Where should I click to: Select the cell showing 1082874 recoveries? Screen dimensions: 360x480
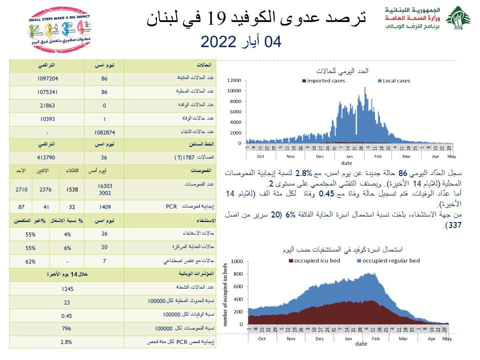tap(104, 132)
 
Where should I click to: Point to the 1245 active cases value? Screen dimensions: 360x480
tap(66, 289)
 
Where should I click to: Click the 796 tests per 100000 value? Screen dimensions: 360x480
tap(66, 329)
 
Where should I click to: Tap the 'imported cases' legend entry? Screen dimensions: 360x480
tap(324, 81)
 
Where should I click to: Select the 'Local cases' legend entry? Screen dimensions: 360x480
tap(396, 81)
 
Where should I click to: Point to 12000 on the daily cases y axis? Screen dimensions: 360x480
tap(234, 80)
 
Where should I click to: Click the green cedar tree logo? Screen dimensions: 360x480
tap(457, 18)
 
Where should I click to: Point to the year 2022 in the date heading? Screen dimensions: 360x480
tap(220, 41)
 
